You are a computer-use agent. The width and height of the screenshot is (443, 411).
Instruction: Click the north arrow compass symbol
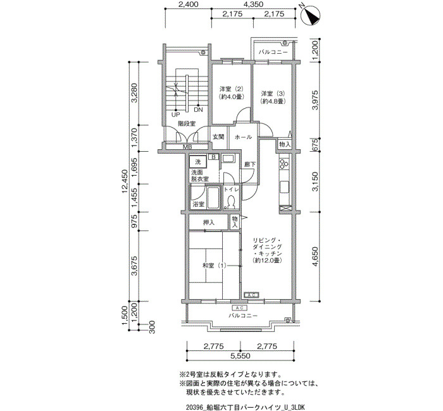pyautogui.click(x=310, y=15)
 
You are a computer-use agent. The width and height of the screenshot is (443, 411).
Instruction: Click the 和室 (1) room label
pyautogui.click(x=215, y=266)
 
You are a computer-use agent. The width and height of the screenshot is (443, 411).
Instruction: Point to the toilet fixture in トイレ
pyautogui.click(x=231, y=202)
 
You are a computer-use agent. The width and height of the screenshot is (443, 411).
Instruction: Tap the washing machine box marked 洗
pyautogui.click(x=198, y=162)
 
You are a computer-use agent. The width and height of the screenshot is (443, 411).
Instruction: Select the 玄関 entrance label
pyautogui.click(x=218, y=137)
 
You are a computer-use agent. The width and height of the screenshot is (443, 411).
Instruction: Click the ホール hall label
pyautogui.click(x=243, y=137)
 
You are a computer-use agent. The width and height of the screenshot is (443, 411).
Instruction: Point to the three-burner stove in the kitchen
pyautogui.click(x=284, y=163)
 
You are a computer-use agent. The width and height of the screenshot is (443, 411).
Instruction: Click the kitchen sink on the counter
pyautogui.click(x=284, y=187)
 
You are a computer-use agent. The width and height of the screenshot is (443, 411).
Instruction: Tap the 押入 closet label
pyautogui.click(x=209, y=223)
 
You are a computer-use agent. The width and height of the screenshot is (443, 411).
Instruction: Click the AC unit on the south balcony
pyautogui.click(x=240, y=307)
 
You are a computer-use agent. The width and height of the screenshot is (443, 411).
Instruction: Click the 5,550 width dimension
pyautogui.click(x=240, y=355)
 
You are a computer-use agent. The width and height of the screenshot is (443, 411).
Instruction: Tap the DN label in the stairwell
pyautogui.click(x=198, y=110)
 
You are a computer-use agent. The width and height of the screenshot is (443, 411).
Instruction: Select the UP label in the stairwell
pyautogui.click(x=175, y=115)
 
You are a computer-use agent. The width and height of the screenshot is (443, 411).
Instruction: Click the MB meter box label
pyautogui.click(x=187, y=147)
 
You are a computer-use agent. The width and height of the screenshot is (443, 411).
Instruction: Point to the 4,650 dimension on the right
pyautogui.click(x=315, y=257)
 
